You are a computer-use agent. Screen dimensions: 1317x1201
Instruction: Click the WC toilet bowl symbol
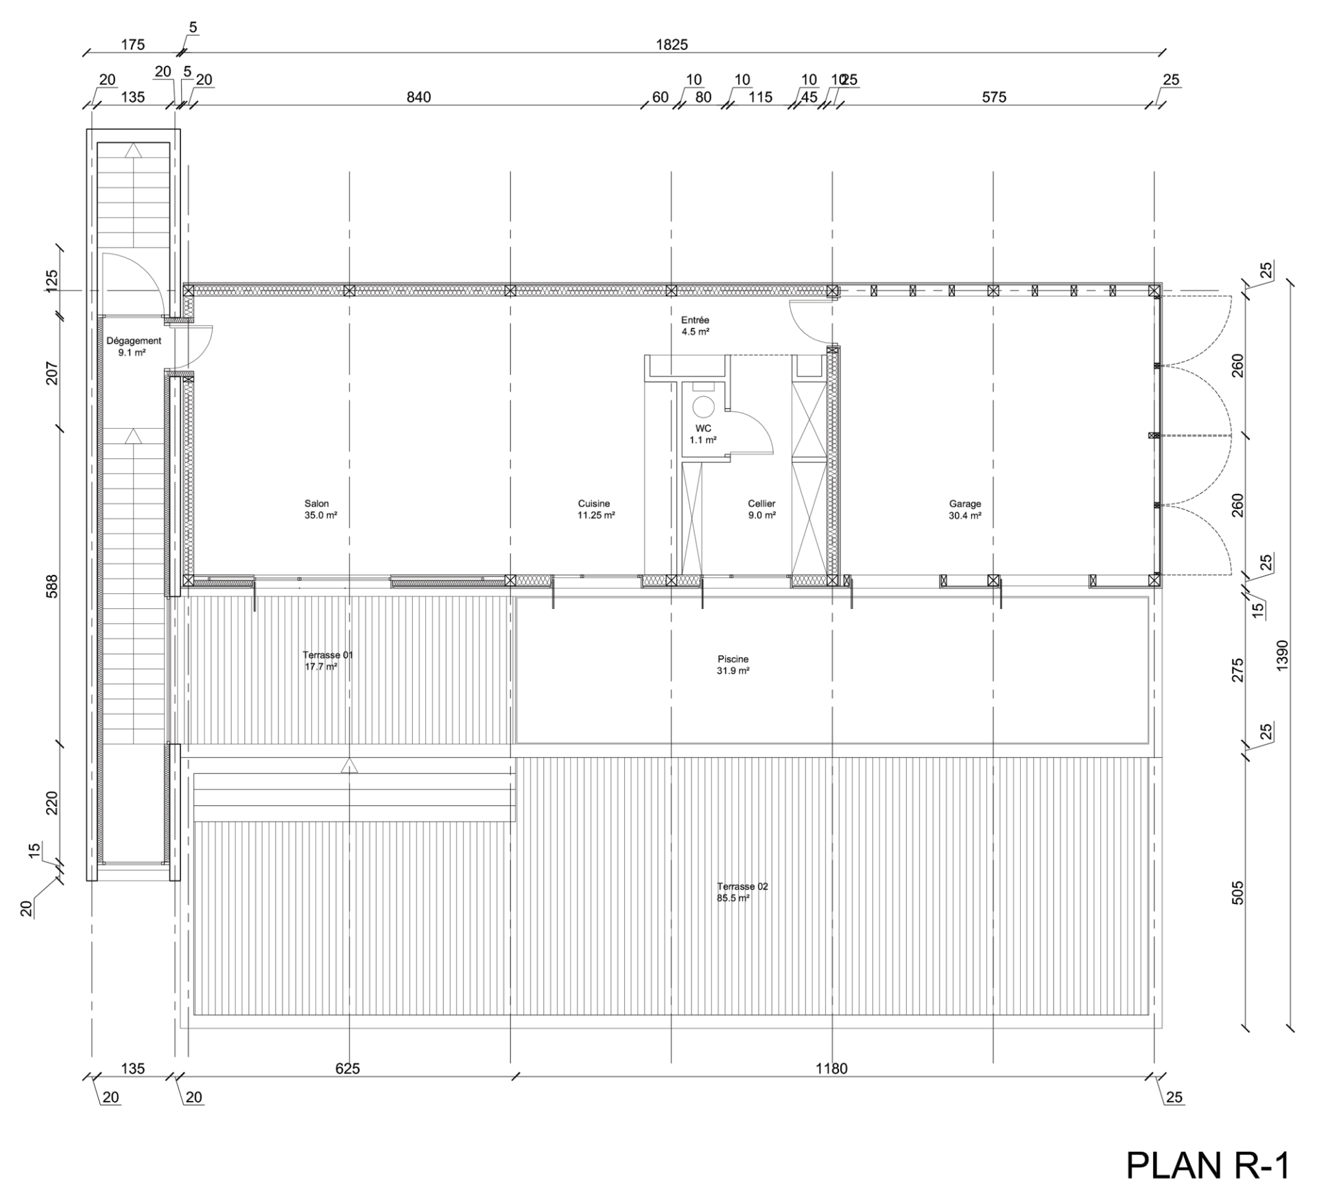(703, 407)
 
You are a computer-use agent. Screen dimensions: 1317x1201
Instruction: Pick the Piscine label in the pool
(733, 659)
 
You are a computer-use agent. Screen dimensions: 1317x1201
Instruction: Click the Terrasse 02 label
(742, 886)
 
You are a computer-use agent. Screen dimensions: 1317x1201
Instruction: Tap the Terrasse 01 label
(328, 655)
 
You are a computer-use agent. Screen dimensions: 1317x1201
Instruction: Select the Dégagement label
(134, 341)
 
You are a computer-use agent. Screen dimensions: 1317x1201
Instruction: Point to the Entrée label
(695, 320)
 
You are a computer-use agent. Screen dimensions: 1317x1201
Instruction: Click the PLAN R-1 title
(1207, 1166)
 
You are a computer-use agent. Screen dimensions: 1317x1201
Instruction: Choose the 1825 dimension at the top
(672, 45)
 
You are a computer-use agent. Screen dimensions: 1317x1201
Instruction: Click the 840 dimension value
(418, 97)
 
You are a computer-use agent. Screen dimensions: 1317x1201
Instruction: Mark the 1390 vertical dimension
(1283, 655)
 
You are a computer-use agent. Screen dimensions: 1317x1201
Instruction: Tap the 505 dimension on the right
(1237, 893)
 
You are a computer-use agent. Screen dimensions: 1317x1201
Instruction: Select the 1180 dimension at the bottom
(831, 1069)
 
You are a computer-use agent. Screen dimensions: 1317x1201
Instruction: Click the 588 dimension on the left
(52, 586)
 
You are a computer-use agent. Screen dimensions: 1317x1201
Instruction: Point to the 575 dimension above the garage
(994, 97)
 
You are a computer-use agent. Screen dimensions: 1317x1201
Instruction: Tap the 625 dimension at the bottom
(348, 1069)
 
